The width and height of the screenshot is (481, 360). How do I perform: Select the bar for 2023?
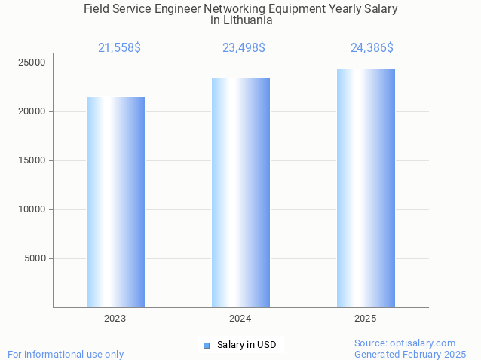115,202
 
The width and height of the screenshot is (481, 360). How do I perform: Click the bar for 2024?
240,193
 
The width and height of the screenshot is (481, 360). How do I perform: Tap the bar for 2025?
366,188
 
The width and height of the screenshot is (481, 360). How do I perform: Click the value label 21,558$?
119,48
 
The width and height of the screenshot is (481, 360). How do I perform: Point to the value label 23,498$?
244,48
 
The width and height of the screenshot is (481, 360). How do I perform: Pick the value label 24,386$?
372,48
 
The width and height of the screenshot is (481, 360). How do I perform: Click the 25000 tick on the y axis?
32,63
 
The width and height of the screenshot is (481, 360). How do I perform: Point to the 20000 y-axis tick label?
32,111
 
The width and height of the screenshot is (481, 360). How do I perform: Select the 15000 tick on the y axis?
32,160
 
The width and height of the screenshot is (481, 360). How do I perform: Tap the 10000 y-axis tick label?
32,209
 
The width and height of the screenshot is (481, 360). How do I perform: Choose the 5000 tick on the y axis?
35,258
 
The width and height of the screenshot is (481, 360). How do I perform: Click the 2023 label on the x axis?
115,319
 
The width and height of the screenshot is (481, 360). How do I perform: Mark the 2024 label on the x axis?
240,319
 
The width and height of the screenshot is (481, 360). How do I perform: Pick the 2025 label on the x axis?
366,319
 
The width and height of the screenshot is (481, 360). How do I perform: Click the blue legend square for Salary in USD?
207,346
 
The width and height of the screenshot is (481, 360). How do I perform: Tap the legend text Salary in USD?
247,345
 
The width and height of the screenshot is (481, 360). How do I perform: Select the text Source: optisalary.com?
405,343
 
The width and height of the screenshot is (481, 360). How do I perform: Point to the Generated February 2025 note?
410,354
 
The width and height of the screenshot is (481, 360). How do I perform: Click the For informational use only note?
66,354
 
